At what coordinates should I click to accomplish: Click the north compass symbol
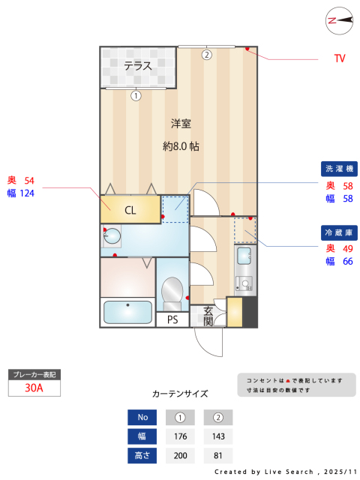point(339,21)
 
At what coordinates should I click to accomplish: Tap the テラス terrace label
point(138,66)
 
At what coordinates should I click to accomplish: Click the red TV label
point(340,58)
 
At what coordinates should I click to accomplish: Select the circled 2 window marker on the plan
point(207,55)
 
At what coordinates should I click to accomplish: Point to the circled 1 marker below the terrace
point(136,96)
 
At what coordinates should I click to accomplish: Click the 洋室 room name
point(181,124)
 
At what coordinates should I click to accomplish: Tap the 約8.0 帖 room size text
point(181,146)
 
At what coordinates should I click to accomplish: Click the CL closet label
point(130,210)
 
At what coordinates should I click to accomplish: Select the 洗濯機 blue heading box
point(339,169)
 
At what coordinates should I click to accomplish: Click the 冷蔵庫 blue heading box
point(339,232)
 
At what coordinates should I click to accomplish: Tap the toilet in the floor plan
point(172,293)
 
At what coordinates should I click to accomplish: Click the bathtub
point(127,312)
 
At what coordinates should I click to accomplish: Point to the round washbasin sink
point(112,236)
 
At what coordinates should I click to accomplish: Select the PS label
point(172,320)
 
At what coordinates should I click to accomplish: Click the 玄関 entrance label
point(208,316)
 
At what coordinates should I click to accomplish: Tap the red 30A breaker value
point(34,388)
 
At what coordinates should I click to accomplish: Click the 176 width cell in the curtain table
point(180,436)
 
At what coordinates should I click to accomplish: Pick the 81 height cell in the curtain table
point(218,455)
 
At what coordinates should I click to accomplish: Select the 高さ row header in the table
point(142,455)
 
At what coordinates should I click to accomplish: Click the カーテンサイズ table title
point(180,394)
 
